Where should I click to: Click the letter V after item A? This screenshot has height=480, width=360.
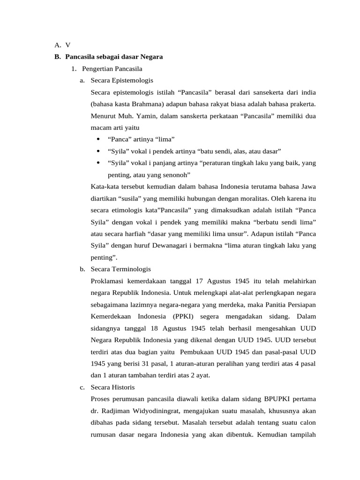coord(68,45)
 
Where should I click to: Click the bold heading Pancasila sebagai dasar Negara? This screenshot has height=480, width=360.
coord(114,57)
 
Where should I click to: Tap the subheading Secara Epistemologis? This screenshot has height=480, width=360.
coord(122,81)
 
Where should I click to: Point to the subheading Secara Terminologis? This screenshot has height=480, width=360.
coord(121,269)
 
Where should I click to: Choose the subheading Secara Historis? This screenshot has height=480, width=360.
coord(112,387)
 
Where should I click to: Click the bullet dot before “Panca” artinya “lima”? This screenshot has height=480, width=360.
coord(98,139)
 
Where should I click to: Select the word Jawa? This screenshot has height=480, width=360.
coord(308,187)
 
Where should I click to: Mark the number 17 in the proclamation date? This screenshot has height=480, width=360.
coord(200,281)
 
